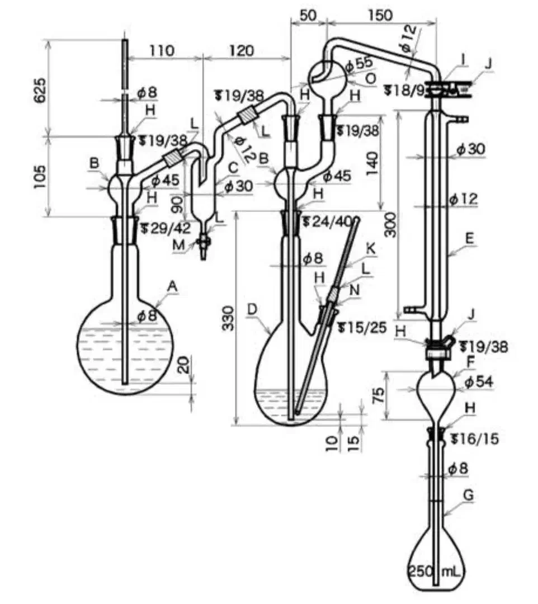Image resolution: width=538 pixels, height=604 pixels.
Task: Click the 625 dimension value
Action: tap(40, 91)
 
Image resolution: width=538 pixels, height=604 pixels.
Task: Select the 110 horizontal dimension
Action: tap(162, 50)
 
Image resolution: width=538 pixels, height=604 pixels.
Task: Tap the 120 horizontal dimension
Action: tap(242, 50)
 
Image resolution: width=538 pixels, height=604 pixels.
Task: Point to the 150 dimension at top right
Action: tap(380, 16)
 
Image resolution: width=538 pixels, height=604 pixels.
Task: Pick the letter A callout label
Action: tap(173, 286)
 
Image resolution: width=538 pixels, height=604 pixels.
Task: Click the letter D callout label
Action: tap(252, 309)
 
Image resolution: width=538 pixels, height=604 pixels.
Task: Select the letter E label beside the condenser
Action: tap(469, 238)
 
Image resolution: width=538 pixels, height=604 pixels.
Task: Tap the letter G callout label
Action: tap(468, 495)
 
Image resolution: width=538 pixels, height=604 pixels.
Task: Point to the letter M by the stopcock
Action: tap(178, 244)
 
